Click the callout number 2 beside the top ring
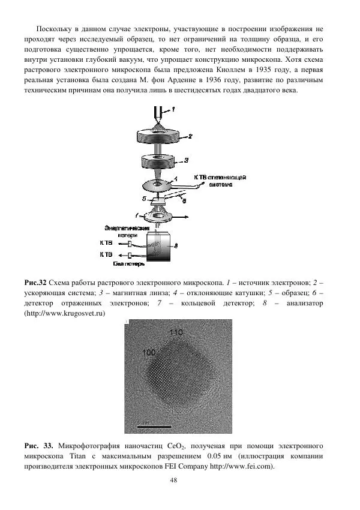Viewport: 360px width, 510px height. (189, 136)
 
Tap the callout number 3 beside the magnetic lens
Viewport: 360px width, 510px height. (187, 160)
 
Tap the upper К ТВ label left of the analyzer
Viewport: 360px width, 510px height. (105, 243)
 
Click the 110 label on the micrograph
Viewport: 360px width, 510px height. (176, 332)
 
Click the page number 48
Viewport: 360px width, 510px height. (174, 480)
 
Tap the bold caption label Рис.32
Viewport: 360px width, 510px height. (35, 282)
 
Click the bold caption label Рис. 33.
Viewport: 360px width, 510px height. (38, 446)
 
